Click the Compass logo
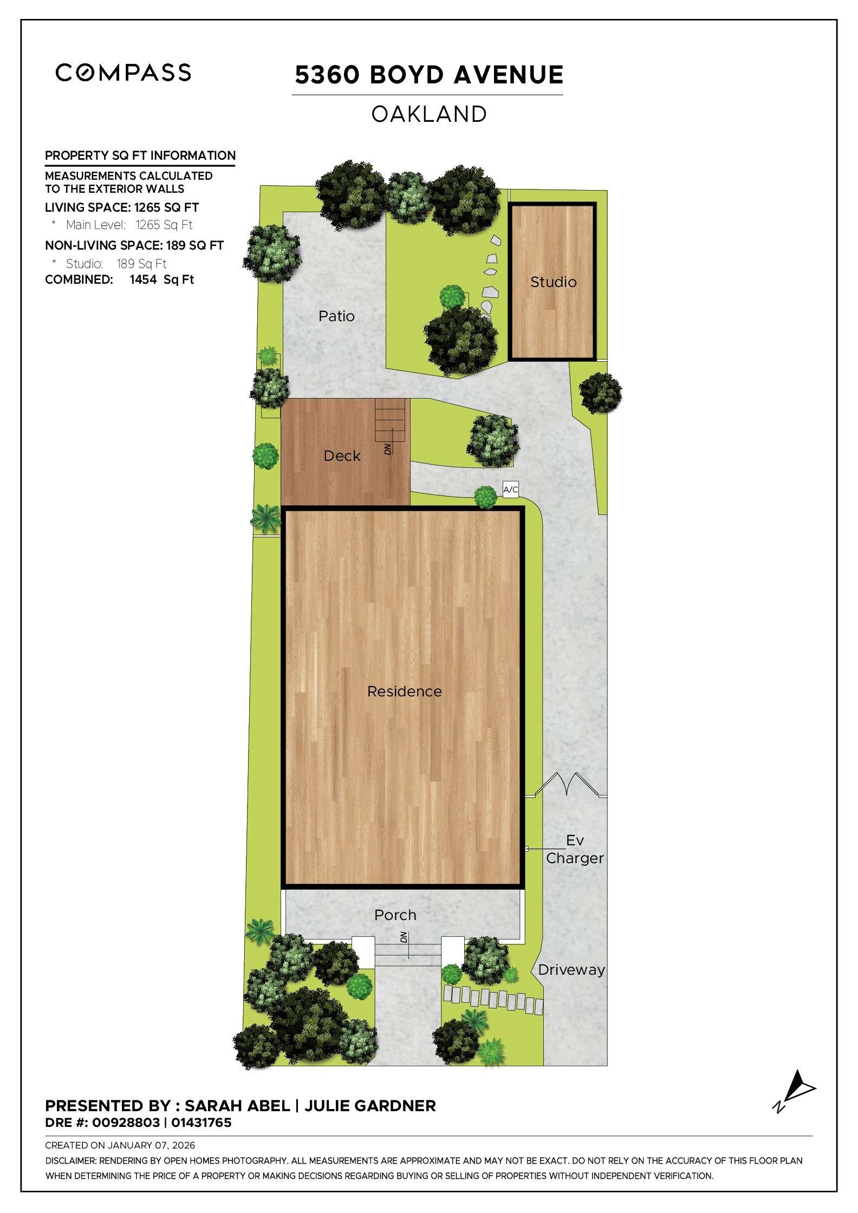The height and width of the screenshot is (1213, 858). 123,73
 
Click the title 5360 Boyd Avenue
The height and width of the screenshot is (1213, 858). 428,75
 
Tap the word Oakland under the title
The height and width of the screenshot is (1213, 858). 428,114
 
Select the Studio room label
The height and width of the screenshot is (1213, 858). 553,282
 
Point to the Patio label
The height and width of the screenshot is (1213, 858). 336,316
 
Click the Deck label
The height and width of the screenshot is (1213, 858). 342,456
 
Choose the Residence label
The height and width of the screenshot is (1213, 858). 404,691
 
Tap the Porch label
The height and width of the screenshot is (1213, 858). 395,915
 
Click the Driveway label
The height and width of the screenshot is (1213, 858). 571,969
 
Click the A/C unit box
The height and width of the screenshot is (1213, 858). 510,490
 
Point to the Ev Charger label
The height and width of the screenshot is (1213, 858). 575,849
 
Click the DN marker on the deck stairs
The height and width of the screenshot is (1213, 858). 388,448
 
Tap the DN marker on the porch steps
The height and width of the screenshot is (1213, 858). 404,937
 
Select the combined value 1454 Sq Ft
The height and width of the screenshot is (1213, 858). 161,279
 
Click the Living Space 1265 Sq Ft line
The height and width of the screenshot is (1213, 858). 122,207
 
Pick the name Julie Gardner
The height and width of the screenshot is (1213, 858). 370,1106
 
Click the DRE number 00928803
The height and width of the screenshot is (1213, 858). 126,1123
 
